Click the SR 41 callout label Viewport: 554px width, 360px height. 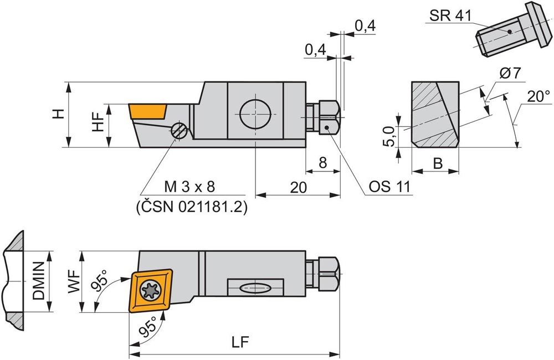(x=450, y=15)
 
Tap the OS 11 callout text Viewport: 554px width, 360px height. (x=389, y=186)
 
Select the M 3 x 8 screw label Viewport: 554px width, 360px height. (x=189, y=187)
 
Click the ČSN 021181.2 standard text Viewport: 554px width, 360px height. (x=192, y=207)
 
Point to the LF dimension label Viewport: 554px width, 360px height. (x=240, y=342)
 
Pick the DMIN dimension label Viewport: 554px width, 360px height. (x=39, y=281)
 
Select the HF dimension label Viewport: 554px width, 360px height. (x=98, y=122)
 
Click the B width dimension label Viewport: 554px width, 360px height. (x=438, y=163)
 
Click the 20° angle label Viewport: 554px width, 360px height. (x=538, y=96)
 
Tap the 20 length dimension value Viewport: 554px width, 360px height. (x=298, y=187)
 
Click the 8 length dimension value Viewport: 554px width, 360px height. (x=323, y=162)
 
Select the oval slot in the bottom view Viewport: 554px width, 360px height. (x=255, y=288)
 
